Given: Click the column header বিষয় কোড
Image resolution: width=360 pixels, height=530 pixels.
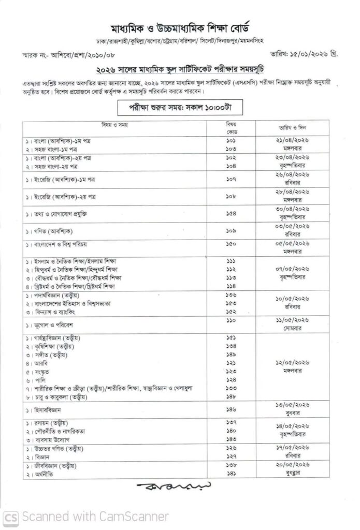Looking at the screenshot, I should (231, 127).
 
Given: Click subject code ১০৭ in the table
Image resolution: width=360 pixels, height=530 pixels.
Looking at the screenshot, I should (231, 179).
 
